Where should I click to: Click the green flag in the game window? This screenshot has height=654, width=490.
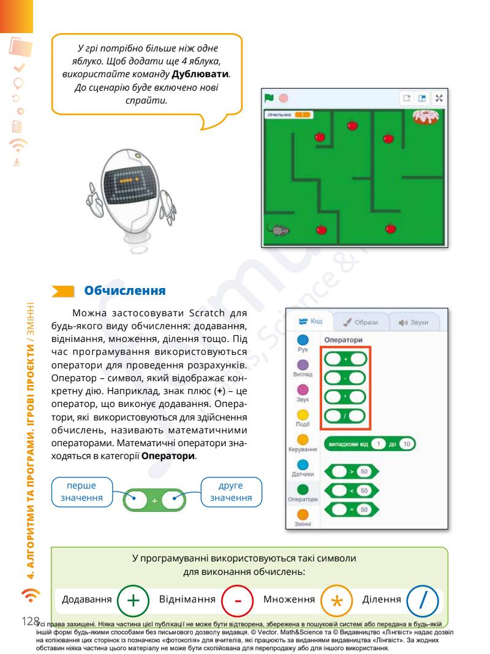268,97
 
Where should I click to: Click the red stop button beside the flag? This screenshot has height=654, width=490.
283,97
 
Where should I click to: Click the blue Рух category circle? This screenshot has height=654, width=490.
302,341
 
